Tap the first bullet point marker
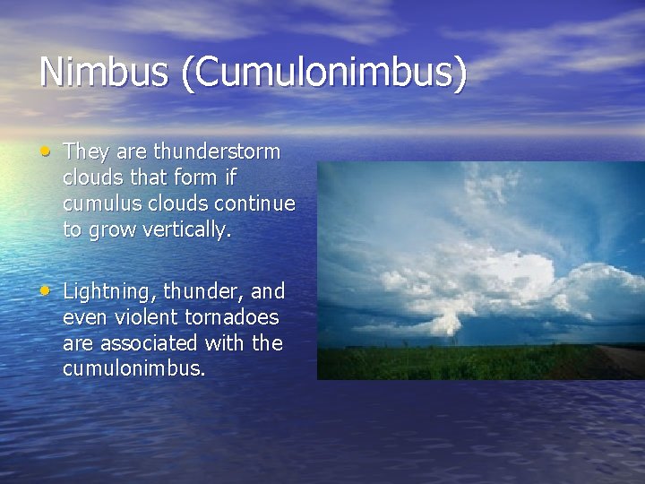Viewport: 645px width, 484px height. (x=46, y=151)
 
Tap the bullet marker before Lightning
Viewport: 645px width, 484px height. (x=46, y=290)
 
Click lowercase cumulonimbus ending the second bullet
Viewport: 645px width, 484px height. (x=134, y=369)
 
